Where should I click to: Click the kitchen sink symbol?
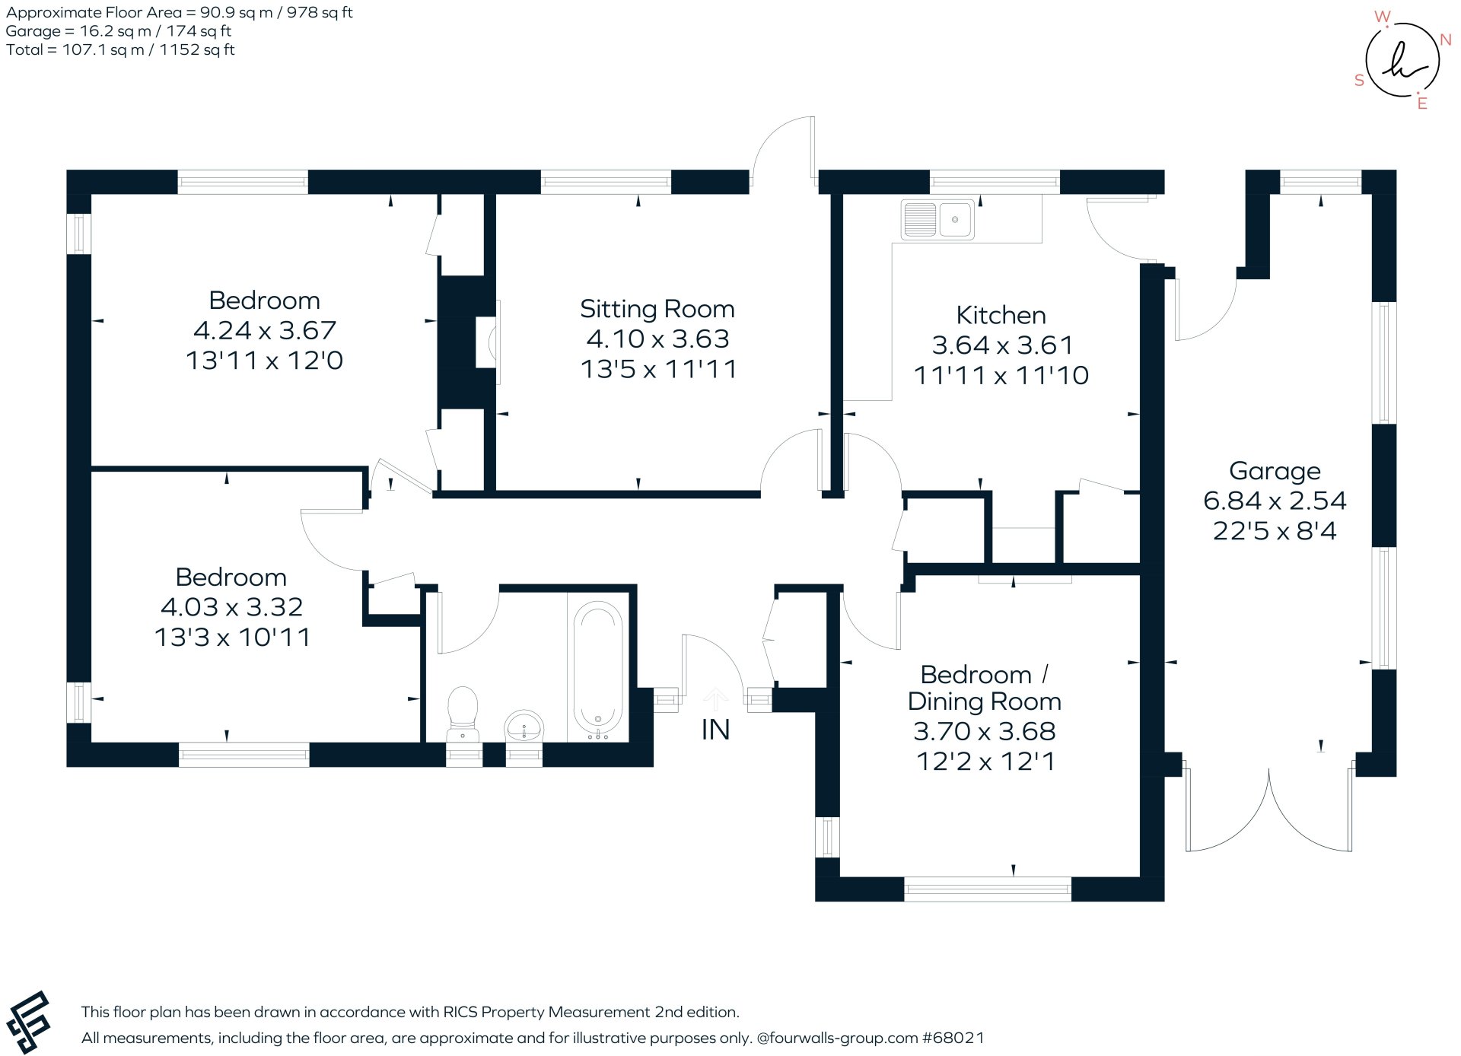pyautogui.click(x=937, y=220)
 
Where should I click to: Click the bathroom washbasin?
pyautogui.click(x=524, y=725)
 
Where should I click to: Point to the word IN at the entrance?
pyautogui.click(x=715, y=730)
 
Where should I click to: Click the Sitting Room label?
pyautogui.click(x=657, y=309)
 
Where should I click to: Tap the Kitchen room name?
pyautogui.click(x=1001, y=315)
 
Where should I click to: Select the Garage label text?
pyautogui.click(x=1275, y=471)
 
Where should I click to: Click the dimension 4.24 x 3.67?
pyautogui.click(x=264, y=330)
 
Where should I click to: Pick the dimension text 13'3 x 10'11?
pyautogui.click(x=232, y=637)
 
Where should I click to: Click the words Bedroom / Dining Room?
pyautogui.click(x=985, y=688)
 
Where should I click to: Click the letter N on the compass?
pyautogui.click(x=1446, y=40)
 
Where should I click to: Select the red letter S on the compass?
pyautogui.click(x=1359, y=81)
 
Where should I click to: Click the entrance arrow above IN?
pyautogui.click(x=715, y=698)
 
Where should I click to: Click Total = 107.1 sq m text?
pyautogui.click(x=120, y=49)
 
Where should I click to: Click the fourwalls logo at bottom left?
pyautogui.click(x=28, y=1022)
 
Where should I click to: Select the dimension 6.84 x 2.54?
pyautogui.click(x=1275, y=501)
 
